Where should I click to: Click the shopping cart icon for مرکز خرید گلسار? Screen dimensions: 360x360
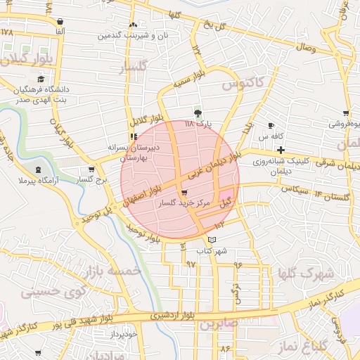pos(184,193)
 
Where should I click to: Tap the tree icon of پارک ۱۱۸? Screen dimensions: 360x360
pos(198,113)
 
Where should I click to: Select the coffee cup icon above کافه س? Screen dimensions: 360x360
pos(271,126)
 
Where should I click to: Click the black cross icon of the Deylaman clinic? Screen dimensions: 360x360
pos(281,150)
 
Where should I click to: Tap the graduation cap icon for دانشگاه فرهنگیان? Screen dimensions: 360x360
pos(41,79)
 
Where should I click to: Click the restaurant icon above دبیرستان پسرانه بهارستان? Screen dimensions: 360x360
pos(133,136)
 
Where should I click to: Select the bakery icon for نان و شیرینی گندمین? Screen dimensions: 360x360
pos(133,25)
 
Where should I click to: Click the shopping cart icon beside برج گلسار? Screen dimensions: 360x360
pos(91,169)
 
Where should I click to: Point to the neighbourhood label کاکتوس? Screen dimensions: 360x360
pos(243,84)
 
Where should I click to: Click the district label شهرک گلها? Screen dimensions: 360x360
pos(302,274)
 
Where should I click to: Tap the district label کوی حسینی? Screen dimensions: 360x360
pos(53,290)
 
